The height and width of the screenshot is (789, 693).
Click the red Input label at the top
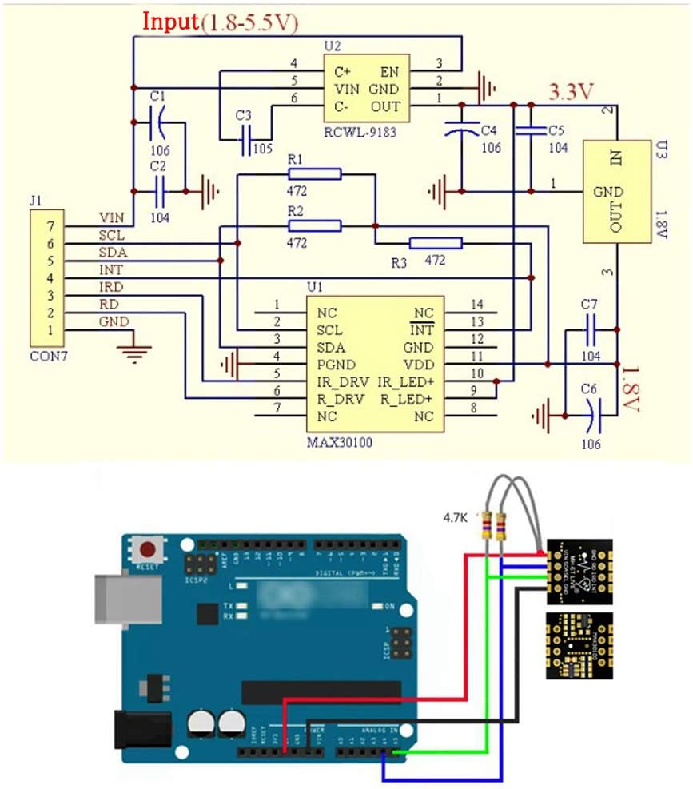(x=169, y=22)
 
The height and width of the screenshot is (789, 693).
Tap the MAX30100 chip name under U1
(x=340, y=440)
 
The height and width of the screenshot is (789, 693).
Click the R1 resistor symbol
(x=315, y=174)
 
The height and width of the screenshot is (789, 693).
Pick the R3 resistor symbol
(x=435, y=243)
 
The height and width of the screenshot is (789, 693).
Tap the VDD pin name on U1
(x=418, y=365)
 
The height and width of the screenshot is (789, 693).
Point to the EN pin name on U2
(x=390, y=71)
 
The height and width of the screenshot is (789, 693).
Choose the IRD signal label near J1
(x=111, y=287)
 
